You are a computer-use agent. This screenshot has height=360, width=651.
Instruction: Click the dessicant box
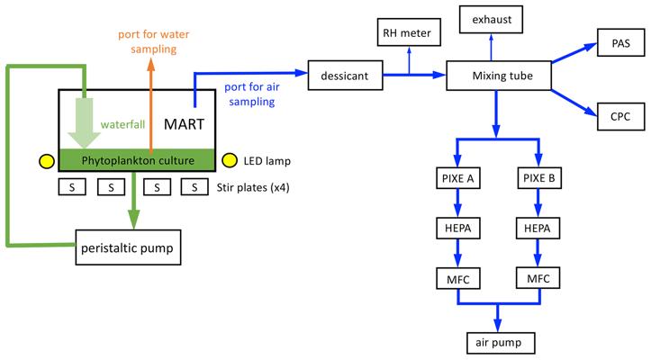click(x=341, y=77)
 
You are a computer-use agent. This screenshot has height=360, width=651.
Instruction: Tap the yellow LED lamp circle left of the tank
click(x=44, y=162)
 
